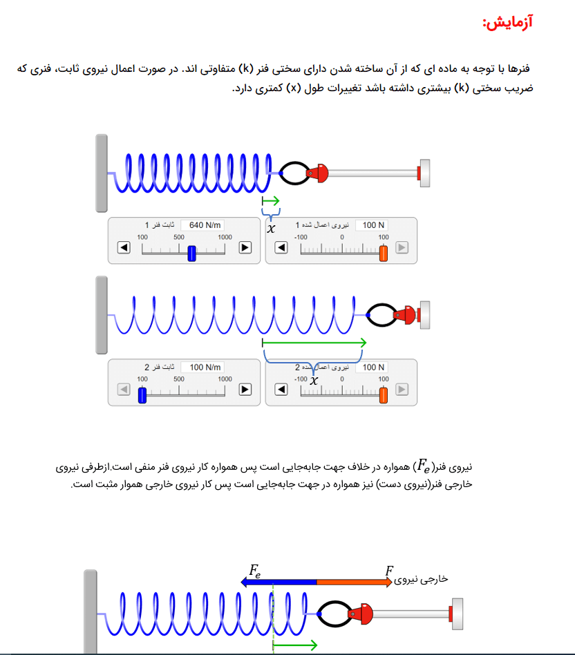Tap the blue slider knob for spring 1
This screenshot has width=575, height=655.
[x=192, y=253]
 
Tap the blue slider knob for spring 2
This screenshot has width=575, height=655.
[x=142, y=395]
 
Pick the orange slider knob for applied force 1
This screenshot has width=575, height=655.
[x=383, y=253]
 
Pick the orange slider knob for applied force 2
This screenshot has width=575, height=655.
[x=383, y=395]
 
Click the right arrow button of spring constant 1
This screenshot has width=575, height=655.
[x=245, y=248]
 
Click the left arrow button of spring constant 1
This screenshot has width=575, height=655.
[x=124, y=248]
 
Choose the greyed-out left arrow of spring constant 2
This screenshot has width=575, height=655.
[x=124, y=390]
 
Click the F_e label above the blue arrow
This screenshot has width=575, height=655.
[x=255, y=570]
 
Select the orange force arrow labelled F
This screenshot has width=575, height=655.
[x=355, y=582]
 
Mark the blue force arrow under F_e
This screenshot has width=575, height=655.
[x=279, y=582]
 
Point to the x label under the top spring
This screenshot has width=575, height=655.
[x=271, y=229]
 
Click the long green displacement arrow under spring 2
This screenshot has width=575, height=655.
[x=314, y=343]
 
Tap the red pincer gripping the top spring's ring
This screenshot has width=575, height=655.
[x=318, y=173]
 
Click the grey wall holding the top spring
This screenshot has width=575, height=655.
[x=102, y=173]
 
